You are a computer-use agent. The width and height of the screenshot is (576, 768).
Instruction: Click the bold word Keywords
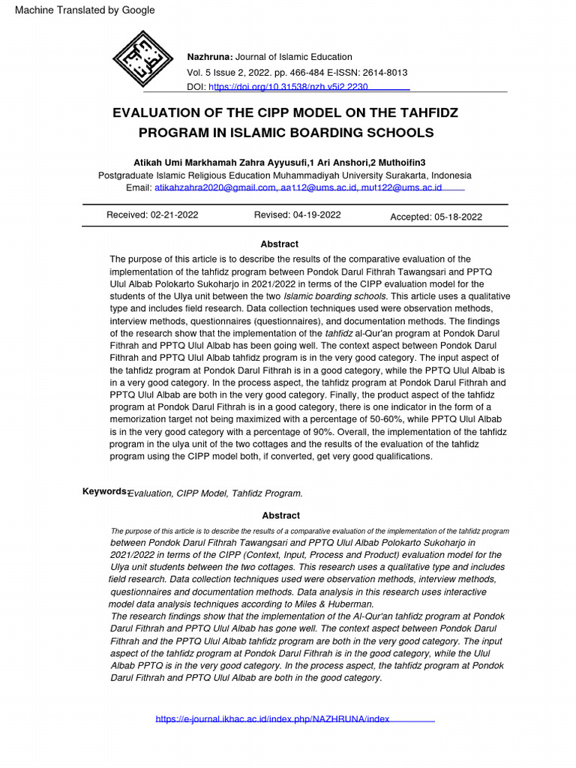pos(104,491)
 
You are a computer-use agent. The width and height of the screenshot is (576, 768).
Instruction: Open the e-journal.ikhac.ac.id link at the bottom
pos(273,718)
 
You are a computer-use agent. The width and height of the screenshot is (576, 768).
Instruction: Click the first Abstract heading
pos(279,244)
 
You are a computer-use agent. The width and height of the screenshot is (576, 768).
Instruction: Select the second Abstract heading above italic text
pos(280,515)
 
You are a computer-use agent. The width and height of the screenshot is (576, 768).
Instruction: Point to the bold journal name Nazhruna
pos(210,57)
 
